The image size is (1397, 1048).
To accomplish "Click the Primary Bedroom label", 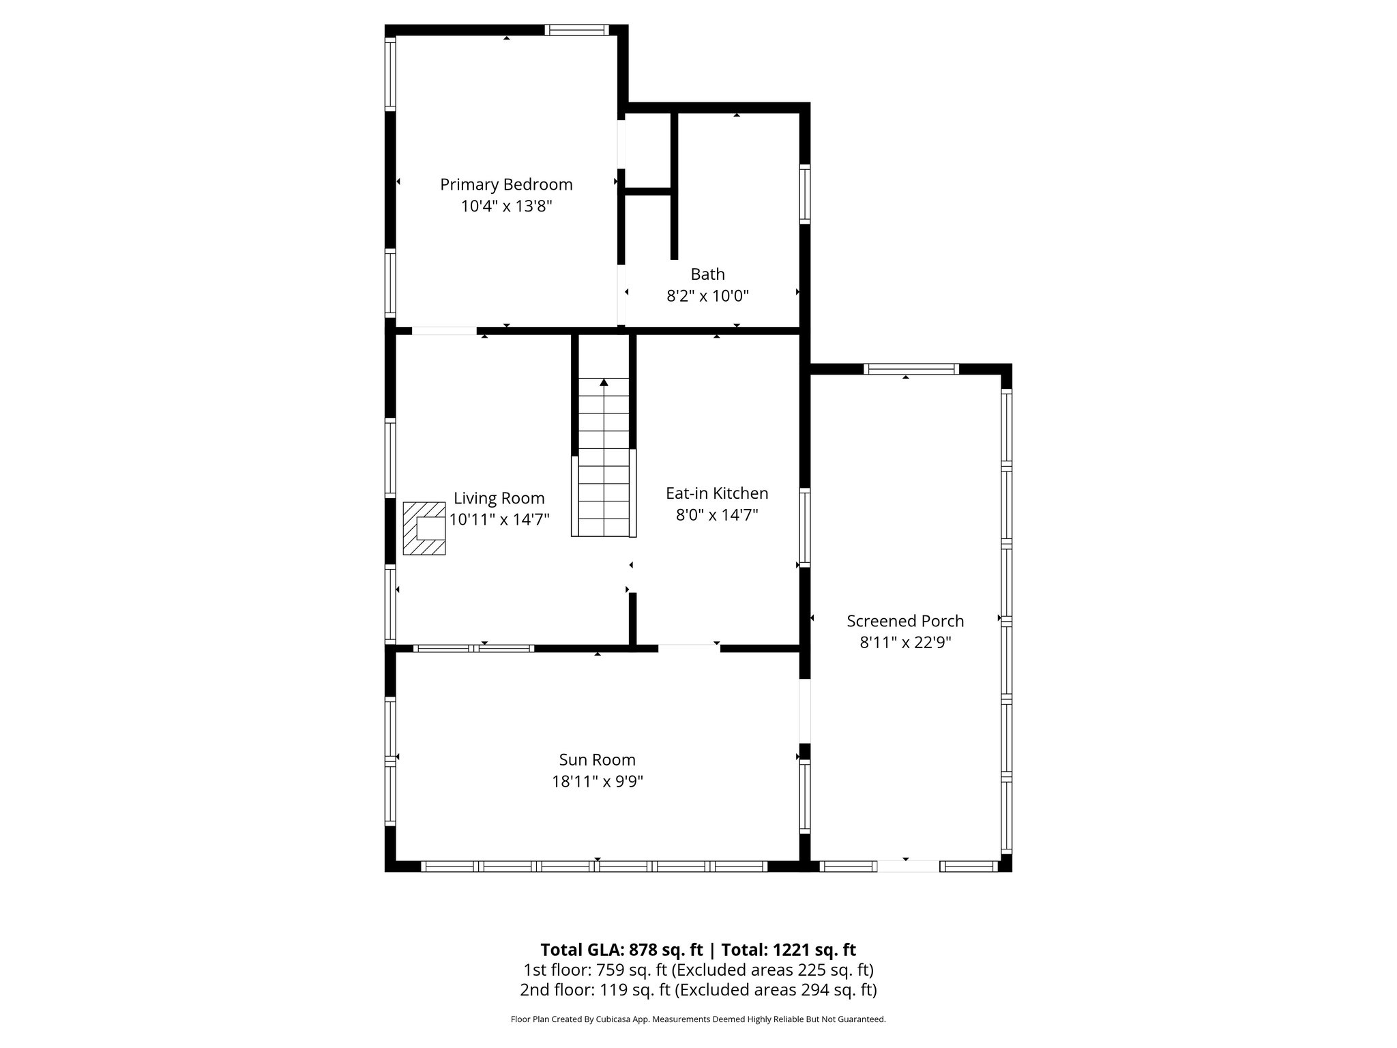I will [506, 184].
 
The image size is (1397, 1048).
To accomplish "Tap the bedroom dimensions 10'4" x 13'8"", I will [506, 206].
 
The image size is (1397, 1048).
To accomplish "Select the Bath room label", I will [707, 274].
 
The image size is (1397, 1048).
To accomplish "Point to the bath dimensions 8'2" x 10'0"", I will [707, 296].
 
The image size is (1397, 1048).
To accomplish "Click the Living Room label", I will [499, 498].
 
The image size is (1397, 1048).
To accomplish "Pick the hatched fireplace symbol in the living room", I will [424, 528].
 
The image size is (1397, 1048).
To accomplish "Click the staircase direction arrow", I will [604, 383].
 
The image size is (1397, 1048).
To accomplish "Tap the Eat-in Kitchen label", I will [717, 493].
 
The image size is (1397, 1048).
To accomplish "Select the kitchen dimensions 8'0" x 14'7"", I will [717, 515].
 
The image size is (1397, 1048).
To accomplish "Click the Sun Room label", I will [597, 760].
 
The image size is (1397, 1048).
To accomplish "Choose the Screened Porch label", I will [905, 621].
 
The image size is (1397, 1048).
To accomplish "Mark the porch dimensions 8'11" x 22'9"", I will [905, 643].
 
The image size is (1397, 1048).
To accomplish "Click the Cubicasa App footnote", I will [698, 1019].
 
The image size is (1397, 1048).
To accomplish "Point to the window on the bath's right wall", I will [805, 194].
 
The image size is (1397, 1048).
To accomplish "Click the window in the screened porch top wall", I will [911, 369].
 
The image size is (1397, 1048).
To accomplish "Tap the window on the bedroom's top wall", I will [576, 30].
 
